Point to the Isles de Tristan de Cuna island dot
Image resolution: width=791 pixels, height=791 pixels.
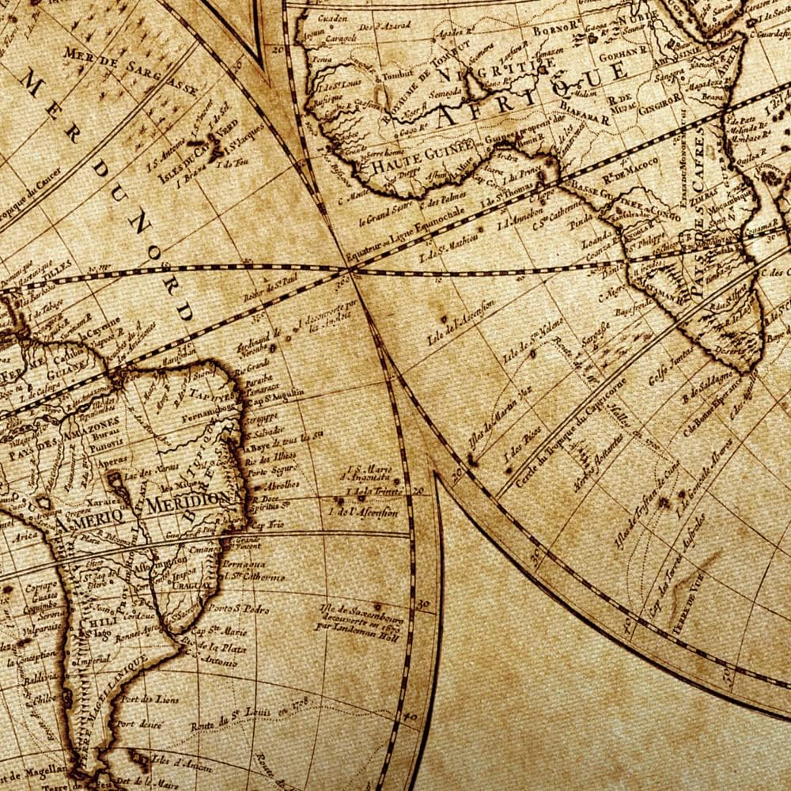[x=662, y=501]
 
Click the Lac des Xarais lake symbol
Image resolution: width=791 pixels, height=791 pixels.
[x=118, y=479]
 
